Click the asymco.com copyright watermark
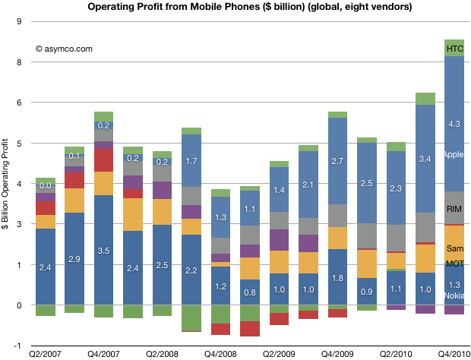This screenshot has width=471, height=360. pos(64,49)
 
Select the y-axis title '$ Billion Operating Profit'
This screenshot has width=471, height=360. pos(8,183)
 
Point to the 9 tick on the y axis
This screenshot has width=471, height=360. pos(20,21)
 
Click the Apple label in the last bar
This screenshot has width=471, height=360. pos(454,154)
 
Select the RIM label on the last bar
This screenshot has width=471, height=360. pos(454,208)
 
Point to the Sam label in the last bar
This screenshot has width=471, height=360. pos(454,249)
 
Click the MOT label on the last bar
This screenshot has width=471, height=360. pos(454,264)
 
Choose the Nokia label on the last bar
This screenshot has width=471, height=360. pos(454,295)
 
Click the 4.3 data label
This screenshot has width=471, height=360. pos(454,124)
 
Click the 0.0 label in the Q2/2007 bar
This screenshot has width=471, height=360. pos(46,186)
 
